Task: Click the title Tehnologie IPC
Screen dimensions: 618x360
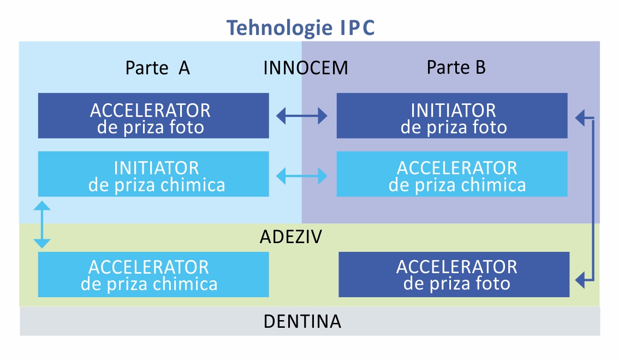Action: tap(300, 28)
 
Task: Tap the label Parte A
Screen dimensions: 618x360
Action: tap(158, 68)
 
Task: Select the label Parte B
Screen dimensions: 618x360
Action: tap(456, 67)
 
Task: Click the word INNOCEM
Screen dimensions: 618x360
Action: tap(306, 68)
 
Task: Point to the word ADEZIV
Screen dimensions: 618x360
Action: tap(291, 237)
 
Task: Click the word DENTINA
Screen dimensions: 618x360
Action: tap(302, 321)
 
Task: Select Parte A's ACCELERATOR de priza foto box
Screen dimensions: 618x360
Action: tap(153, 115)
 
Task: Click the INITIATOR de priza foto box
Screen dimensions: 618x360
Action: tap(452, 115)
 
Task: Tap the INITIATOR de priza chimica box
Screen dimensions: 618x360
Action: tap(153, 174)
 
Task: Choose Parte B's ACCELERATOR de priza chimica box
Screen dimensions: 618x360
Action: tap(452, 174)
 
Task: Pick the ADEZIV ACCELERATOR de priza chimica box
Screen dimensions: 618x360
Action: tap(153, 274)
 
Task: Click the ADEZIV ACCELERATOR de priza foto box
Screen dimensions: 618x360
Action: tap(454, 274)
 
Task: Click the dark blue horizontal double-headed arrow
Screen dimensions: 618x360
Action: tap(302, 116)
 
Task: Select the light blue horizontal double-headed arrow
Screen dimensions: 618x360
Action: tap(302, 176)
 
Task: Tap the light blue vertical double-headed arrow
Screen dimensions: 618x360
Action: tap(42, 225)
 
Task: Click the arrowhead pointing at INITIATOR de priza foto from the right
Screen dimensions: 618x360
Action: tap(580, 117)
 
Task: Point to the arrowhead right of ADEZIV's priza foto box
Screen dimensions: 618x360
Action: tap(580, 280)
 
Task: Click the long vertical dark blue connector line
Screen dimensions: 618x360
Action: tap(592, 199)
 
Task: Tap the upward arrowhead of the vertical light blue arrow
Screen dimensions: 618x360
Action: tap(42, 205)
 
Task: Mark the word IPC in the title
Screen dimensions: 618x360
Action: tap(357, 28)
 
